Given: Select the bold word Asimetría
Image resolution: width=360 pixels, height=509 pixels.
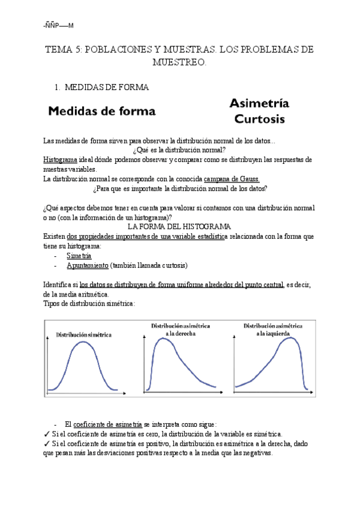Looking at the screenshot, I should click(x=259, y=103).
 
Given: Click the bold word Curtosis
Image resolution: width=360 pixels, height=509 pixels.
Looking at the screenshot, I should click(x=259, y=119).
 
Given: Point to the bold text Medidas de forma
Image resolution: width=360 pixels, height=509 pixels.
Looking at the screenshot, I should click(x=101, y=111).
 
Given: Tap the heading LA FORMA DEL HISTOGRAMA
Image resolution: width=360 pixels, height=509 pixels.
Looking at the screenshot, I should click(x=180, y=227).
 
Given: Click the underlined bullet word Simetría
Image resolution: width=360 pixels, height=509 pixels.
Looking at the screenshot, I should click(x=79, y=255).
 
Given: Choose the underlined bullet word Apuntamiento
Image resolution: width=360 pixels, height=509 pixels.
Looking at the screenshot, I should click(x=88, y=265).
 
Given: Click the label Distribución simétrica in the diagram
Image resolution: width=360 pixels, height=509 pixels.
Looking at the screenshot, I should click(x=84, y=334).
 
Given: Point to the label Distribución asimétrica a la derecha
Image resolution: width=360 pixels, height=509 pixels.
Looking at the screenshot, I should click(x=180, y=329).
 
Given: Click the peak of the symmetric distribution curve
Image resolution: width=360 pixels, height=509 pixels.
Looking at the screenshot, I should click(x=84, y=344).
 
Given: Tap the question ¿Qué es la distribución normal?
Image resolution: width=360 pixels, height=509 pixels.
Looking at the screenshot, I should click(x=179, y=150).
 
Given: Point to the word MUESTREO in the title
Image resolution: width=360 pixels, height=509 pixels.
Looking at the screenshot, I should click(x=179, y=62).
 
